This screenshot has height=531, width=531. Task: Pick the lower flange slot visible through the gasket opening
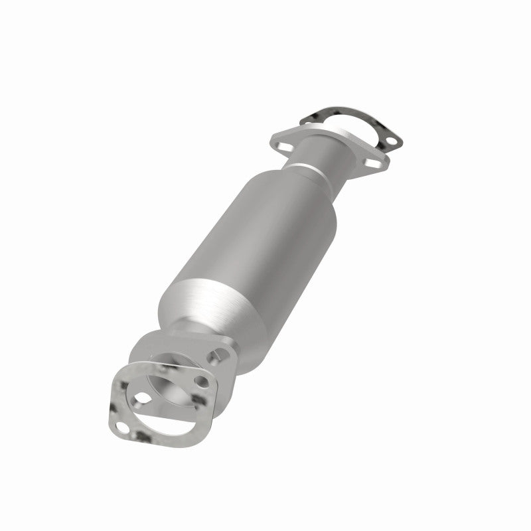pos(142,398)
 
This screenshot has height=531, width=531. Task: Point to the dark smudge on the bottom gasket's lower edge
pos(143,438)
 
